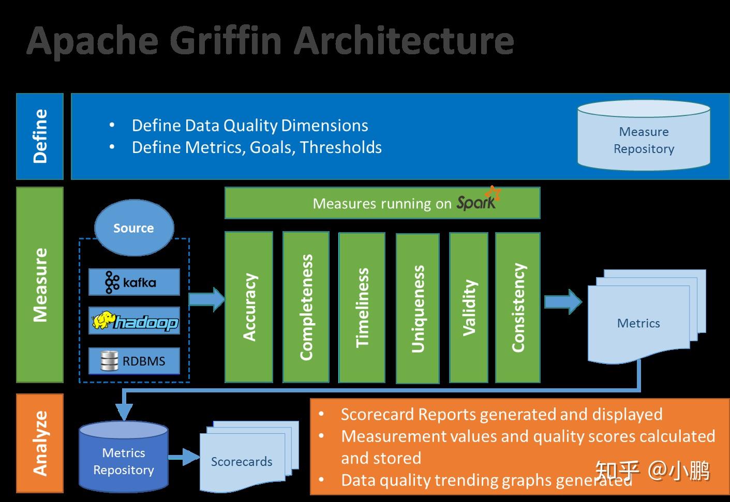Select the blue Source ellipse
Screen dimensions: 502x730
point(134,228)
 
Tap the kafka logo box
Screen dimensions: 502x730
point(134,282)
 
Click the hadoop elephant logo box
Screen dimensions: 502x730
point(134,321)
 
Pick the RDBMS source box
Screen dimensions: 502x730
point(134,360)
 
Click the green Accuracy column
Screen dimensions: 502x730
point(249,307)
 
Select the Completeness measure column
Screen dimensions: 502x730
point(306,307)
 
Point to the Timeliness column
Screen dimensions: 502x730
point(362,307)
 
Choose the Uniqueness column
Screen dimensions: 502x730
point(418,308)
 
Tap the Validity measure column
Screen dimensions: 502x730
point(469,307)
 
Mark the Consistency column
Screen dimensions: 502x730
point(518,307)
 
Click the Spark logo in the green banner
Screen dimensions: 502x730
point(478,201)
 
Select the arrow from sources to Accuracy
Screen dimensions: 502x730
point(206,299)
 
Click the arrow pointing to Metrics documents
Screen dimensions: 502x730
point(563,301)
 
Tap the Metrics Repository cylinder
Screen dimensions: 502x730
point(124,458)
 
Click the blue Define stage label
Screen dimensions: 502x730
point(40,136)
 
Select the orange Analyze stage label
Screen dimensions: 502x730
point(40,443)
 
